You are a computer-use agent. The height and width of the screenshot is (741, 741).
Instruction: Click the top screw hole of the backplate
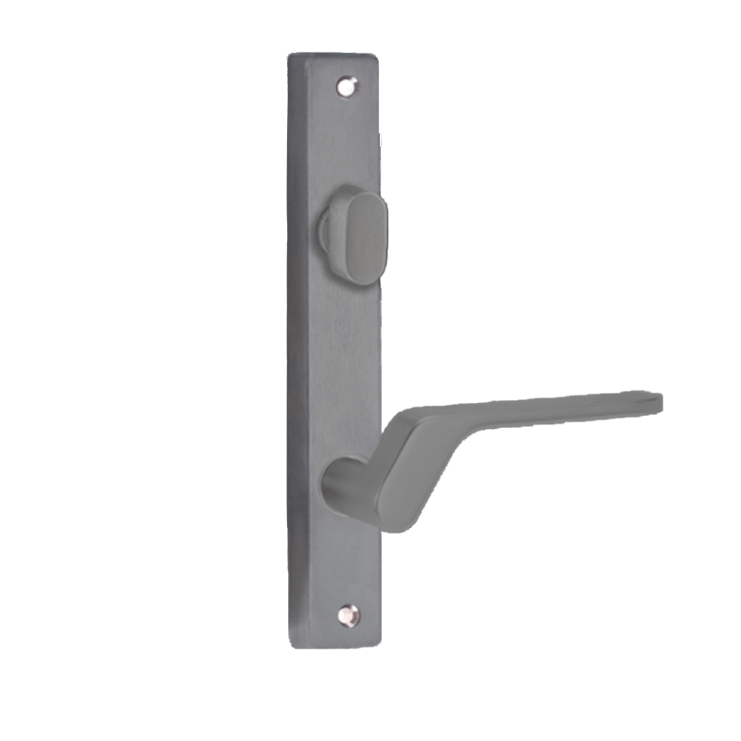tap(347, 86)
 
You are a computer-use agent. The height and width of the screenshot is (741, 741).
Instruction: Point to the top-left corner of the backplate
tap(291, 56)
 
